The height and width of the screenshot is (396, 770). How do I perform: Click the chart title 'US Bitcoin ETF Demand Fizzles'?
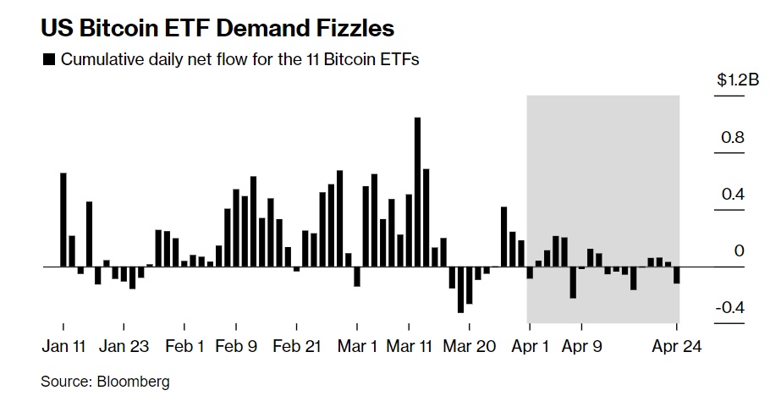[217, 28]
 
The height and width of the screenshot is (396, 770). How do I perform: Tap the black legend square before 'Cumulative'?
[48, 60]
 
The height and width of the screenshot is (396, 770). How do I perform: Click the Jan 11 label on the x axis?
[64, 347]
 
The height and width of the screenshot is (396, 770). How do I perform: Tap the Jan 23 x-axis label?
[124, 347]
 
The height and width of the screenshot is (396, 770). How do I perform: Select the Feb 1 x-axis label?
[184, 347]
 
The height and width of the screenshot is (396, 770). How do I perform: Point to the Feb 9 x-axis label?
[236, 347]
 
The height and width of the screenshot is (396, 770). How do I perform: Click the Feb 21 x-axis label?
[299, 347]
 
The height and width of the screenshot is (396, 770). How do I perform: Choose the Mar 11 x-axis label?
[410, 347]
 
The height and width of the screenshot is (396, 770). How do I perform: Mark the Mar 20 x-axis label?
[470, 347]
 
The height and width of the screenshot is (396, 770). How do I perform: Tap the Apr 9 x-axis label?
[582, 347]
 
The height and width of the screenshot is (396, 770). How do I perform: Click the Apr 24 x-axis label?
[678, 347]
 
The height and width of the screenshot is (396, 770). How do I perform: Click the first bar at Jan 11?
[63, 220]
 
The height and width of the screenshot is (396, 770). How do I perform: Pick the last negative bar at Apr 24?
[677, 275]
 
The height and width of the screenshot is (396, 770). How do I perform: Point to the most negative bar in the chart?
[460, 289]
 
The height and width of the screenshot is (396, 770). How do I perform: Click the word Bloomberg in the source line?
[134, 382]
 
